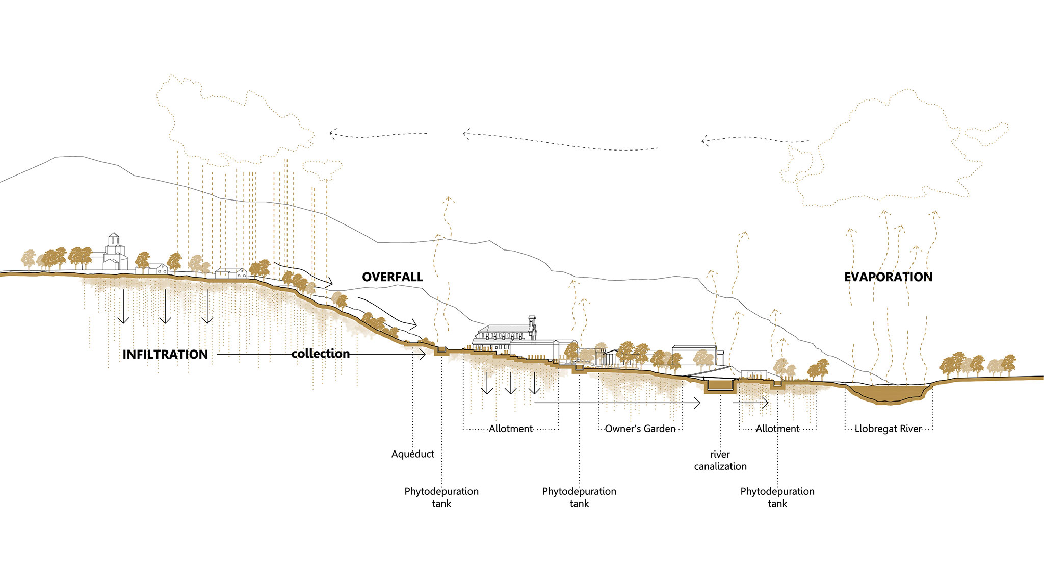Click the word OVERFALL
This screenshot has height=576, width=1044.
(393, 277)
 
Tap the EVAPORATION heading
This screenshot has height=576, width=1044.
(889, 277)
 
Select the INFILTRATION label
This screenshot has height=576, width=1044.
(165, 355)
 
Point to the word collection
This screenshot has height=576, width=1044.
(321, 354)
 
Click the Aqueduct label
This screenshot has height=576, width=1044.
(413, 454)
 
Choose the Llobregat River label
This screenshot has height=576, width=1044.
(888, 429)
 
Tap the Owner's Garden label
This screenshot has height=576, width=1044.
(640, 429)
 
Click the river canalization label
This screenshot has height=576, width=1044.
(720, 460)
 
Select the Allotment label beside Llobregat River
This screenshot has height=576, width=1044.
(777, 429)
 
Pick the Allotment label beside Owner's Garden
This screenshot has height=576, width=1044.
(511, 429)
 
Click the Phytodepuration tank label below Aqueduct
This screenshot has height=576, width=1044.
(441, 497)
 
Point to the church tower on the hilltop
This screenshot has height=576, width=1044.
(114, 245)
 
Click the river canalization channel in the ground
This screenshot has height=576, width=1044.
(720, 387)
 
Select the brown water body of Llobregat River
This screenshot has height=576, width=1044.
(890, 393)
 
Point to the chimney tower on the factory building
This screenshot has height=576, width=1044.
(532, 327)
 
